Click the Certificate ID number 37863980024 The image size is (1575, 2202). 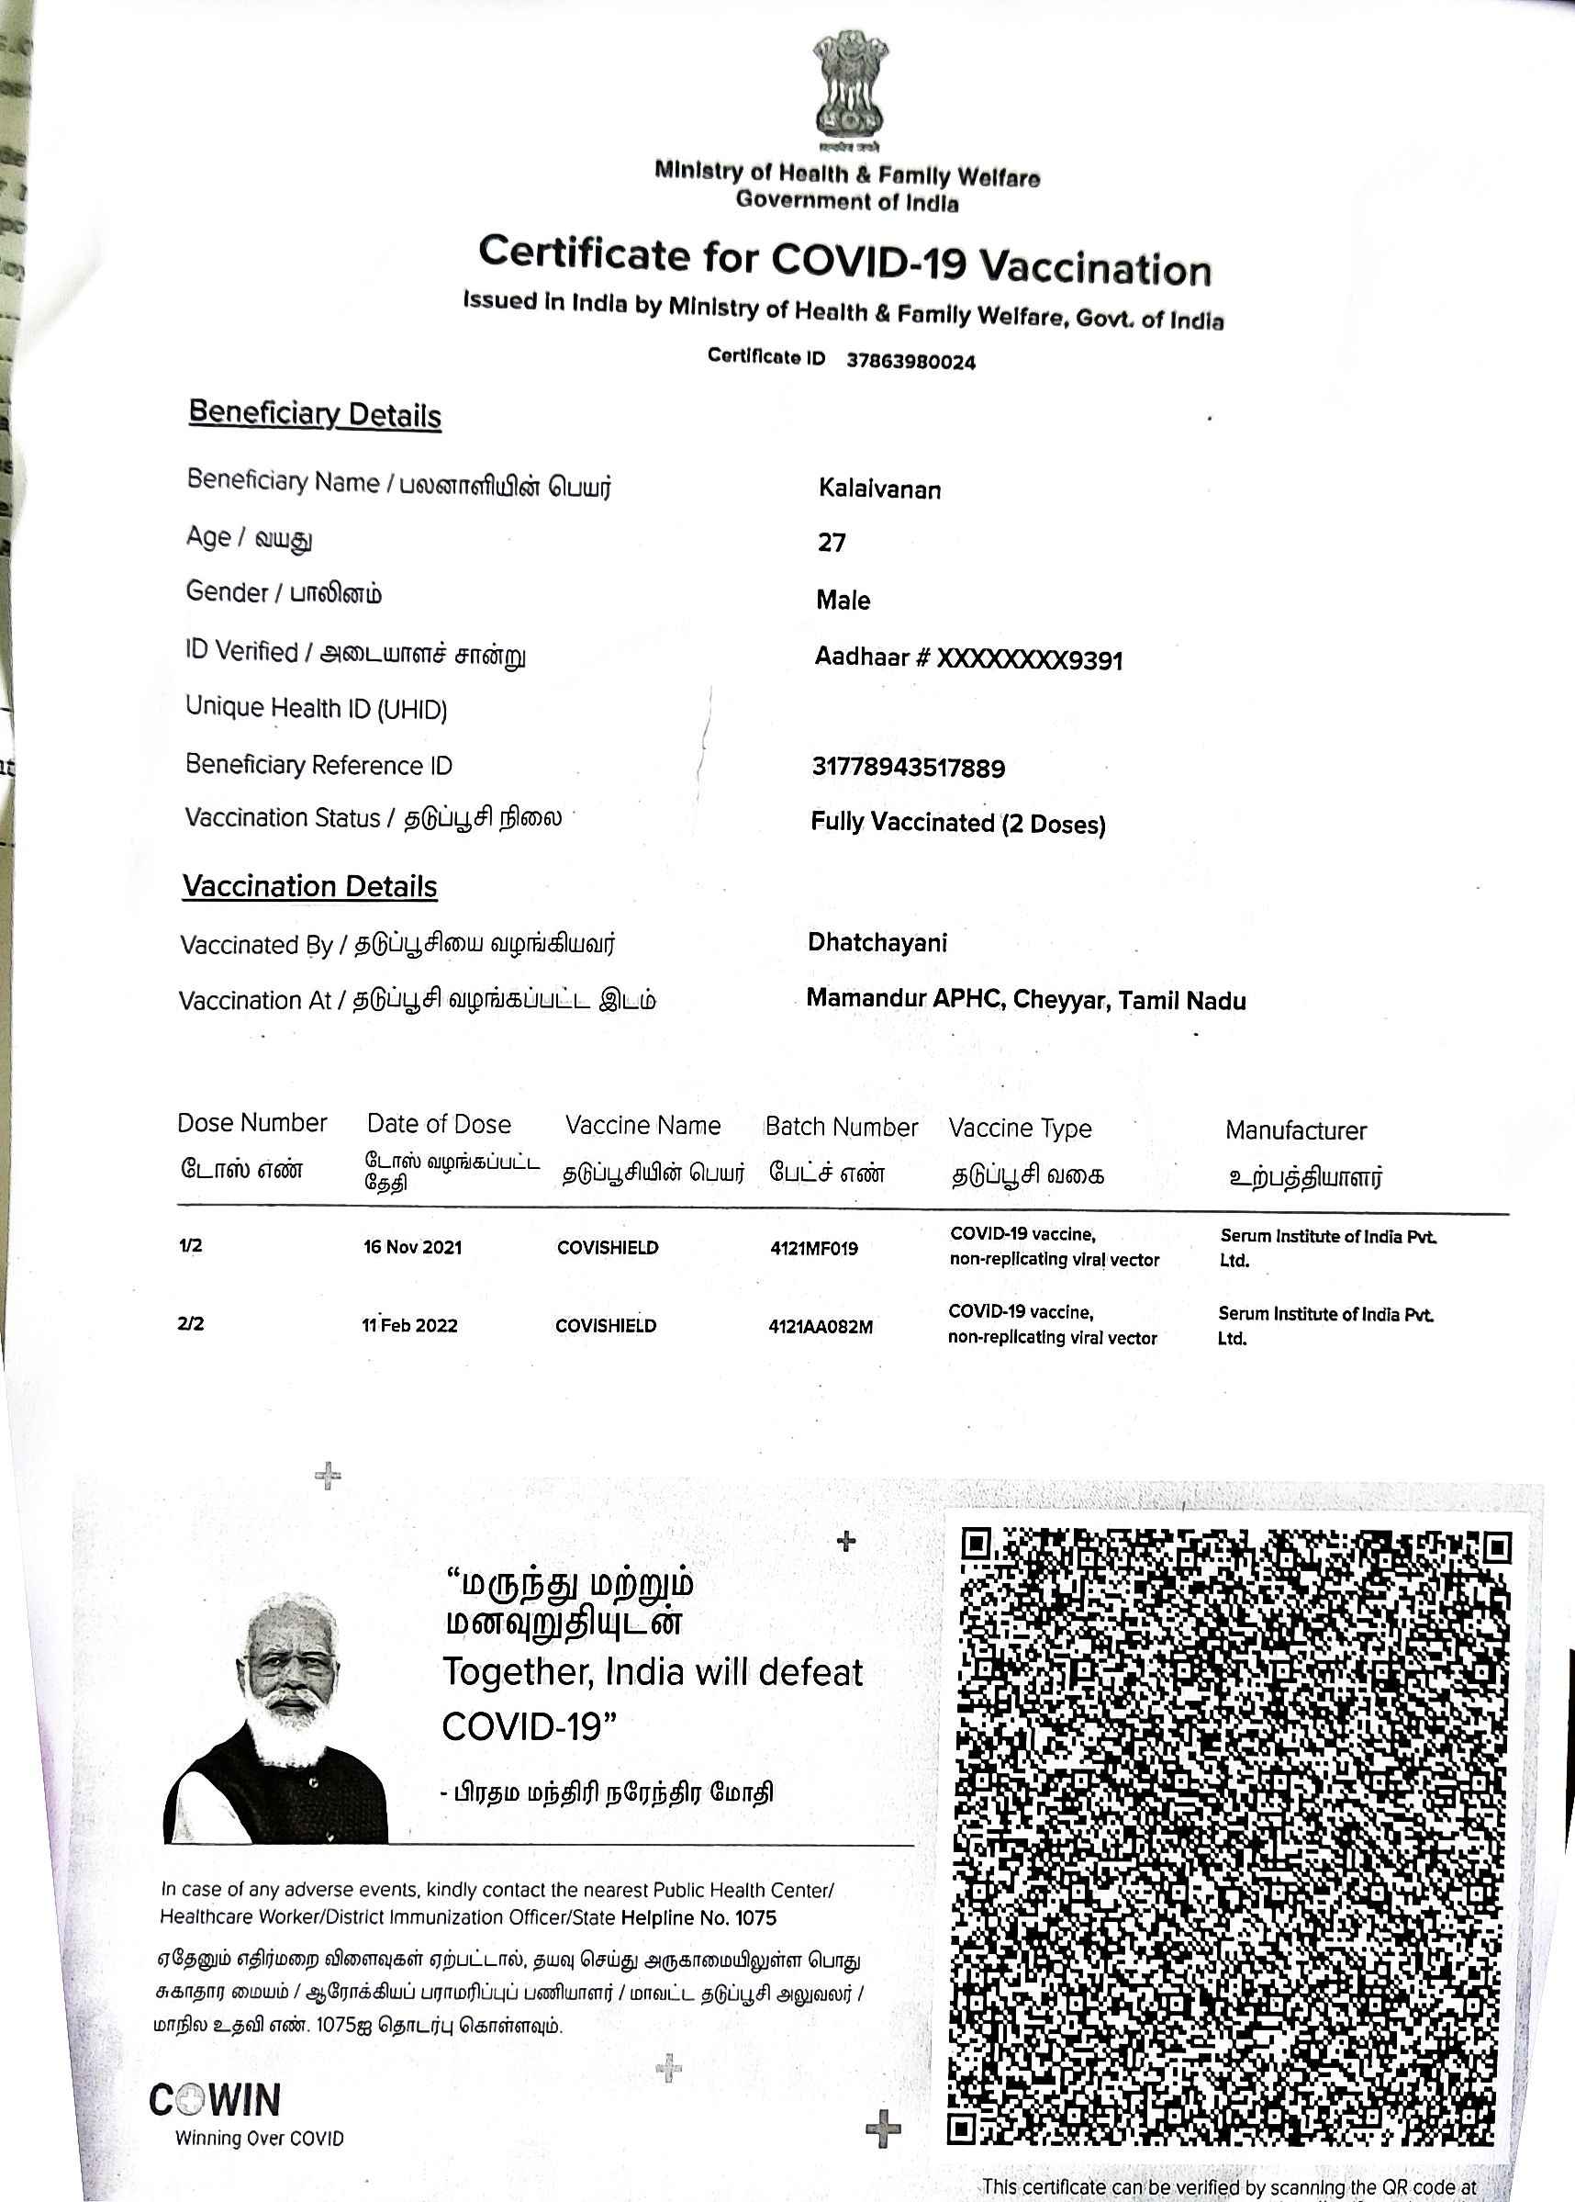point(910,362)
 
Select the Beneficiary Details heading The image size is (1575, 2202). point(314,414)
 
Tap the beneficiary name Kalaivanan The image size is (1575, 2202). point(878,489)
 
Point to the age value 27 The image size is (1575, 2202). point(832,543)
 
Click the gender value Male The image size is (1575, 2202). point(843,601)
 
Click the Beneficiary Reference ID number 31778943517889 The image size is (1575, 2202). point(908,769)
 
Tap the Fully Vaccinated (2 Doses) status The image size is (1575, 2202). point(957,824)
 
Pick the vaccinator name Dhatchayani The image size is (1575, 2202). point(877,943)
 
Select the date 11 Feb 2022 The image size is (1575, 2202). point(409,1326)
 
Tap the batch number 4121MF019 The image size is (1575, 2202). point(814,1249)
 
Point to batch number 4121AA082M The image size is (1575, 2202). point(821,1327)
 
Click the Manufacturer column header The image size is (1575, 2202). point(1295,1130)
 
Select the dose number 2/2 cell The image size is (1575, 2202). point(191,1324)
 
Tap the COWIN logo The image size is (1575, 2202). point(216,2101)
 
